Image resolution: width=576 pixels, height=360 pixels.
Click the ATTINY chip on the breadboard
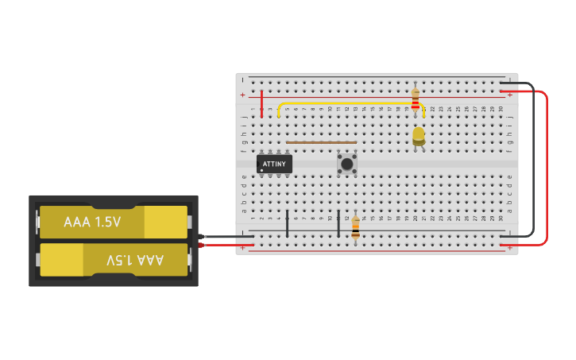(274, 165)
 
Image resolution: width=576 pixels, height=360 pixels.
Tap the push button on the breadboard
(346, 164)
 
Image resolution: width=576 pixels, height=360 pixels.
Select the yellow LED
(419, 136)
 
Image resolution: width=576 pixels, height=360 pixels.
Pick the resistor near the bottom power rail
(355, 227)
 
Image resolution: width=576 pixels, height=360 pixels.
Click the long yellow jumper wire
(350, 103)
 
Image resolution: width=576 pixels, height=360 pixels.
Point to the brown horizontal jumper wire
(321, 143)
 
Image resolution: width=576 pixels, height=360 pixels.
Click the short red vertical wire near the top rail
(261, 104)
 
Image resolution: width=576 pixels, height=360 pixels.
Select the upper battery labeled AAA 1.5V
(114, 223)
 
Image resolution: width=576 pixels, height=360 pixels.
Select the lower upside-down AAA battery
(114, 260)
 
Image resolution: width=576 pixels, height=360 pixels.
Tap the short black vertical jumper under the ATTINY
(287, 223)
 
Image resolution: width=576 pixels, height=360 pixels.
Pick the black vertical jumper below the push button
(338, 223)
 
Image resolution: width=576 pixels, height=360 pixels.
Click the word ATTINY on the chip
(274, 163)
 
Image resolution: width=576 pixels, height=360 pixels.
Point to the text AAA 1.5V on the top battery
(92, 222)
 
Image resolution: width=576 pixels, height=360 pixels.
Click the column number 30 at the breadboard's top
(501, 108)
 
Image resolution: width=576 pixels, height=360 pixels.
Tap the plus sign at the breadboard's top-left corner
(243, 95)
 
